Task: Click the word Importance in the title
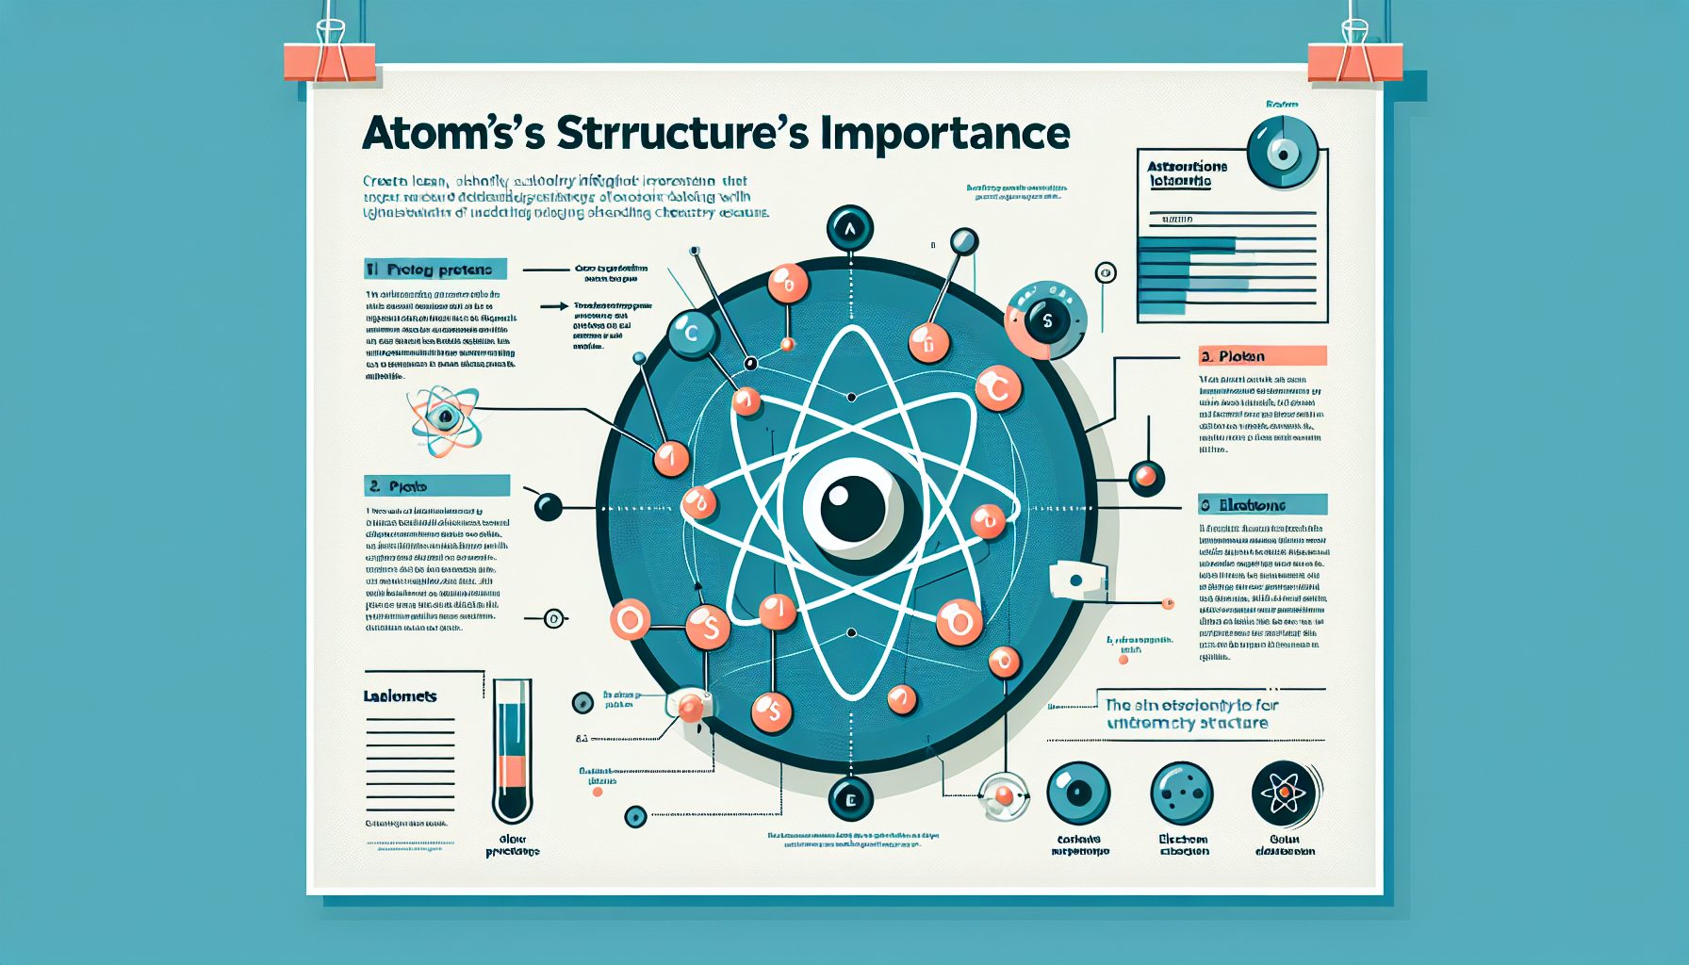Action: click(944, 134)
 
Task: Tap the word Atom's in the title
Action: click(453, 134)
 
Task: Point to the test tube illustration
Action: click(512, 751)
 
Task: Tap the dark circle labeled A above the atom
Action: click(850, 228)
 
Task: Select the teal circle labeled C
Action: click(693, 334)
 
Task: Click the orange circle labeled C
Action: click(997, 387)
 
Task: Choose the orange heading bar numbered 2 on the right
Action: click(1262, 356)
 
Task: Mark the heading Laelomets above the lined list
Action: click(401, 696)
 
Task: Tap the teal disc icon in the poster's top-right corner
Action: click(1282, 153)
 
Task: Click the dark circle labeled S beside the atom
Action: click(1046, 319)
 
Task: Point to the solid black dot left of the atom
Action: click(548, 507)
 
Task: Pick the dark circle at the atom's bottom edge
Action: click(850, 800)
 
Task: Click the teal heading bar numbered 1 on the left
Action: click(435, 270)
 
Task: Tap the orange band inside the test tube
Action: click(512, 771)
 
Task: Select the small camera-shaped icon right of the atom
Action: click(1076, 581)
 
